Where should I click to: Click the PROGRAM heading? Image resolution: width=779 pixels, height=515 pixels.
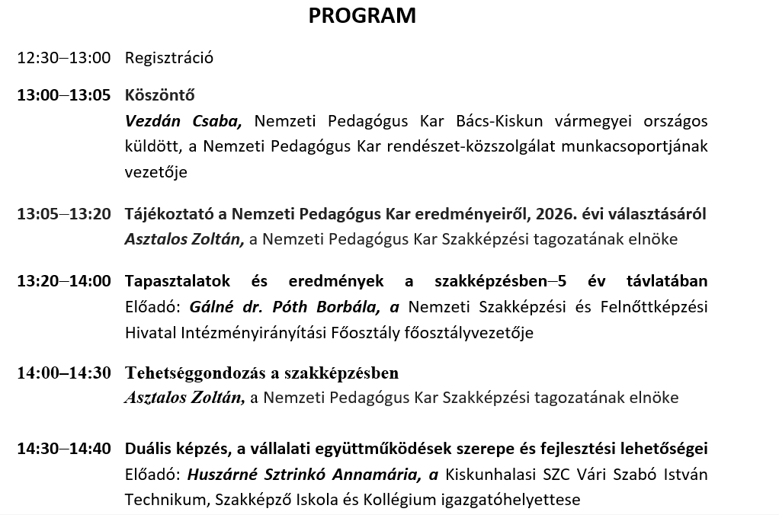(362, 16)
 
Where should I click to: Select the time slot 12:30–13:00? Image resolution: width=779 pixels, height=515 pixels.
(64, 58)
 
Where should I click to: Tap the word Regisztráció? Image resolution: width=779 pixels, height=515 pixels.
(169, 58)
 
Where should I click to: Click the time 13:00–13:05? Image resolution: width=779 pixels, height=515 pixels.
(64, 95)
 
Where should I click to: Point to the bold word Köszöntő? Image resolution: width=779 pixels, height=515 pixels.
(160, 95)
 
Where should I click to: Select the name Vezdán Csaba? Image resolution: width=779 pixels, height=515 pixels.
(183, 121)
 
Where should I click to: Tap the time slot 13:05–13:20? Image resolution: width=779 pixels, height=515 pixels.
(64, 214)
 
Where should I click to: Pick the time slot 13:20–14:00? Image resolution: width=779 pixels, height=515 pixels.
(64, 281)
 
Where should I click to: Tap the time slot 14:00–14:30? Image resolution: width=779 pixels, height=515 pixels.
(64, 373)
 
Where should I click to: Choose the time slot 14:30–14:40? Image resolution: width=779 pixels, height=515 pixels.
(64, 449)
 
